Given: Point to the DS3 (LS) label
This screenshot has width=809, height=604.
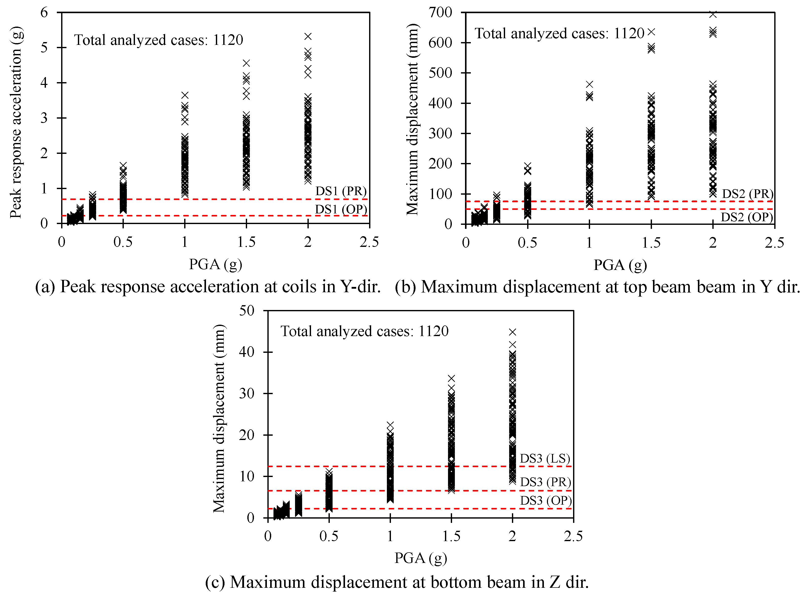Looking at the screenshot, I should point(545,458).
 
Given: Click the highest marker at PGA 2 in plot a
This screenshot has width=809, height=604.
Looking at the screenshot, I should point(308,36).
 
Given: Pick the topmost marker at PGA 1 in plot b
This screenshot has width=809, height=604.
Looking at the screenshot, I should point(589,84).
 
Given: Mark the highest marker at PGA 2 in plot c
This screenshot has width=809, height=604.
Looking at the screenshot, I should point(512,332).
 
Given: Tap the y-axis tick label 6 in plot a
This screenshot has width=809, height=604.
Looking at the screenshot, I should point(44,12).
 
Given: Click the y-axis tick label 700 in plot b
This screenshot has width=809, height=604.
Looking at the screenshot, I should point(440,12).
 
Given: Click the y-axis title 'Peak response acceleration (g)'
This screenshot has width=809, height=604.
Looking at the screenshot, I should point(16,122).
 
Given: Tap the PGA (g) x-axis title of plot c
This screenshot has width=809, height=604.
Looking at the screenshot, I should point(421,558).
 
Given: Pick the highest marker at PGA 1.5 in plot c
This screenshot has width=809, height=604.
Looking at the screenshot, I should point(451,378).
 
